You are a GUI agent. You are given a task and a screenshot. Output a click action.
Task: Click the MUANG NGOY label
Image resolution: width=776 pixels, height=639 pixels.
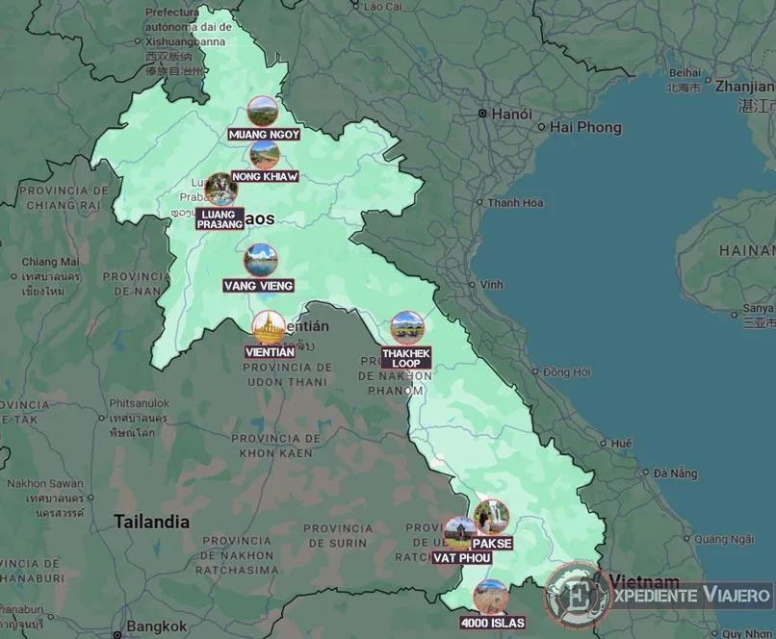pos(264,135)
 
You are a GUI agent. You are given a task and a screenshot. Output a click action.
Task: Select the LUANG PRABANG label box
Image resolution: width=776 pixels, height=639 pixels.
pos(220,218)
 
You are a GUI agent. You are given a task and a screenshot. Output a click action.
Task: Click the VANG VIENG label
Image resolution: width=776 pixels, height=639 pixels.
pos(258,286)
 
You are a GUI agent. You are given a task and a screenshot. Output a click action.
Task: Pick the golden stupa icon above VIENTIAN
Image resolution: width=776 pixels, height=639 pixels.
pos(268,327)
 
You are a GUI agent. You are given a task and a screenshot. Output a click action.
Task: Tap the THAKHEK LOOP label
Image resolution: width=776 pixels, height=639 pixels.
pos(406,358)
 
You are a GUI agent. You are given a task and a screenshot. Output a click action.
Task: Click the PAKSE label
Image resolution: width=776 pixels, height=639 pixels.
pos(492,543)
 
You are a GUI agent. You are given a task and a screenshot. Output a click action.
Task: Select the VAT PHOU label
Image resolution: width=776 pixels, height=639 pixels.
pos(462,558)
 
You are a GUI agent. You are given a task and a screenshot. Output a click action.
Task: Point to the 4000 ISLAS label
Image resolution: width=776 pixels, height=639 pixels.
pos(493,623)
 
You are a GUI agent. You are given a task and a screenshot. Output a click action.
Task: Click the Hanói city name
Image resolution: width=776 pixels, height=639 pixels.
pos(511,114)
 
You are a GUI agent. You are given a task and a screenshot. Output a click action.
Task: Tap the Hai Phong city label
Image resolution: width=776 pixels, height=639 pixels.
pos(585,127)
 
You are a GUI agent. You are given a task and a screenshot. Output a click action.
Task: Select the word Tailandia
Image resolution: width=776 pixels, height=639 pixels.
pos(151,522)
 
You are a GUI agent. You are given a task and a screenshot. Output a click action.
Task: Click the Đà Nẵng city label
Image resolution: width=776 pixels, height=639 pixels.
pos(674,473)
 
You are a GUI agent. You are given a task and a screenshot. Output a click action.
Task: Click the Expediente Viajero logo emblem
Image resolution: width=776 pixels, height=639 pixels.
pos(577,594)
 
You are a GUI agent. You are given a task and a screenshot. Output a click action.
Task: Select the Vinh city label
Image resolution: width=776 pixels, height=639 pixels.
pos(492,285)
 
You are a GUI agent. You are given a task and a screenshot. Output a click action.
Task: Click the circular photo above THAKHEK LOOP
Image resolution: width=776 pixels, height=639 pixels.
pos(407,328)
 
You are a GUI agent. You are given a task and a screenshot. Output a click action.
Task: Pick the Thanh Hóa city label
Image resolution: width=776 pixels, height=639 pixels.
pos(515,203)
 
